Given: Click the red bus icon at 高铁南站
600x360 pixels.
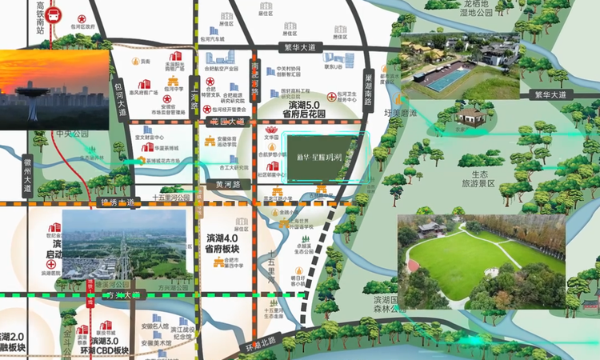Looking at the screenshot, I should click(x=53, y=14).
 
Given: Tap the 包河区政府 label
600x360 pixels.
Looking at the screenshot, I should click(x=82, y=26).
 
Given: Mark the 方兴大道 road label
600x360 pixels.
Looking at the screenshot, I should click(x=121, y=295).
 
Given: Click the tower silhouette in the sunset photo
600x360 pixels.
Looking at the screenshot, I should click(x=32, y=100).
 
